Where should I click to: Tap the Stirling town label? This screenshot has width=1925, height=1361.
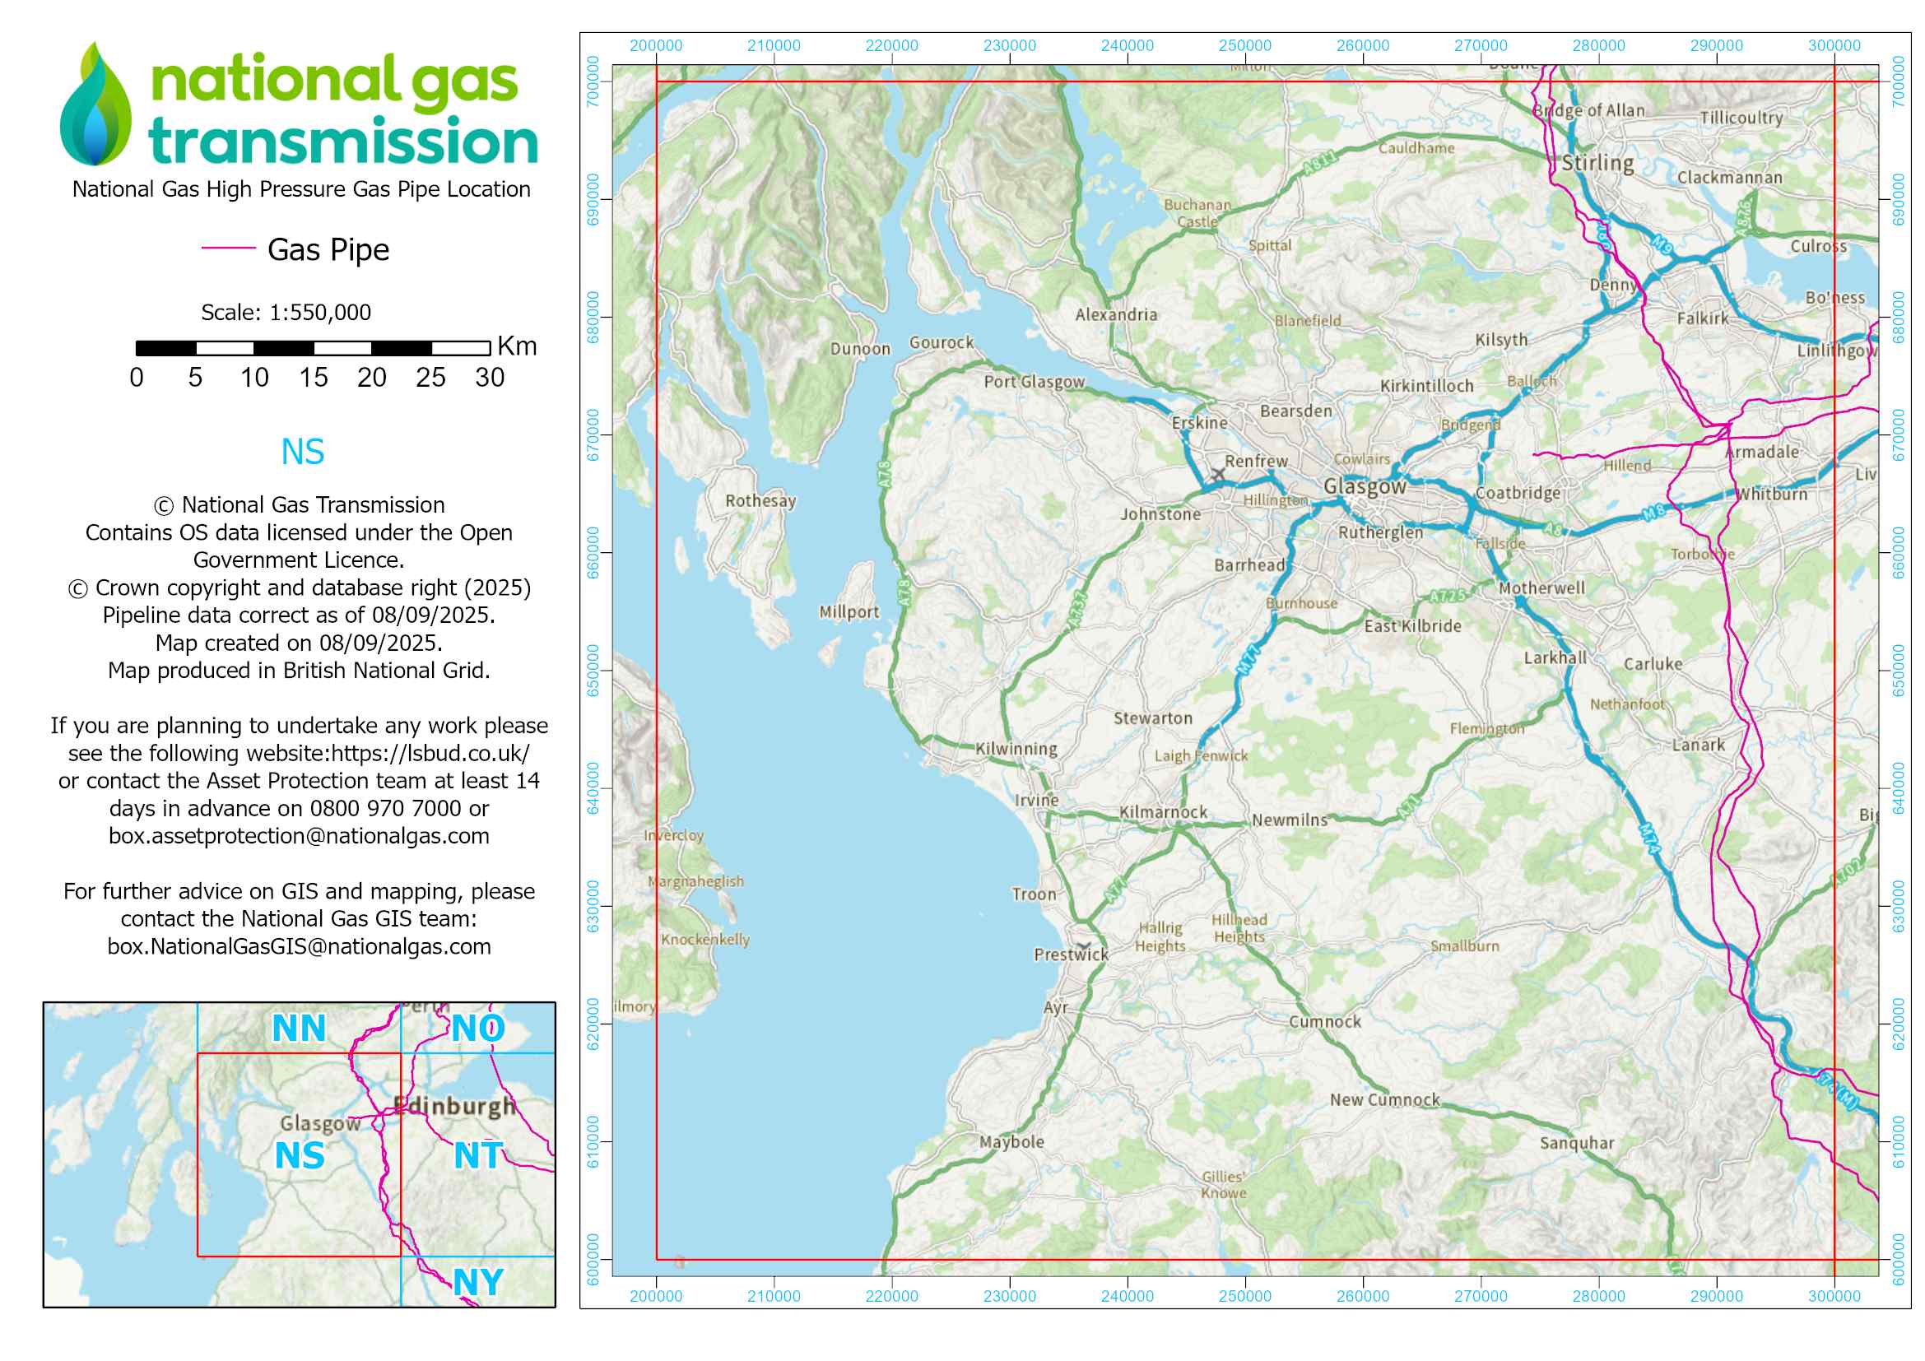pyautogui.click(x=1597, y=163)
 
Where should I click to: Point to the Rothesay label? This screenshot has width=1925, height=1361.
pyautogui.click(x=760, y=500)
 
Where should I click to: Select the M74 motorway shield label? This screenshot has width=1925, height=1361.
pyautogui.click(x=1649, y=838)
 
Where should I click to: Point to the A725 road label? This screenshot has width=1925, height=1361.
pyautogui.click(x=1447, y=596)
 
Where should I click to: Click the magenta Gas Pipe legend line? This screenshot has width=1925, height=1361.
pyautogui.click(x=228, y=248)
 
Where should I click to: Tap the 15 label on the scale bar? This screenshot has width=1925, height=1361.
pyautogui.click(x=313, y=378)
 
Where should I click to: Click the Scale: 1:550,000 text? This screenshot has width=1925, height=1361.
pyautogui.click(x=286, y=313)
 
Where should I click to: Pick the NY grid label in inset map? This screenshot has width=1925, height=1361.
pyautogui.click(x=478, y=1281)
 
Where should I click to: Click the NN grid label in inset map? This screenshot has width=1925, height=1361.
pyautogui.click(x=299, y=1029)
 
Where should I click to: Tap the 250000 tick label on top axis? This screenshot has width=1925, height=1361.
pyautogui.click(x=1244, y=45)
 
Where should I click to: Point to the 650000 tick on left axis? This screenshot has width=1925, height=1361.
pyautogui.click(x=593, y=671)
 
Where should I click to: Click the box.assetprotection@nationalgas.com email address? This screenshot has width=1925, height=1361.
pyautogui.click(x=299, y=835)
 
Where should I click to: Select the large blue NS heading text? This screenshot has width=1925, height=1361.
pyautogui.click(x=302, y=452)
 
